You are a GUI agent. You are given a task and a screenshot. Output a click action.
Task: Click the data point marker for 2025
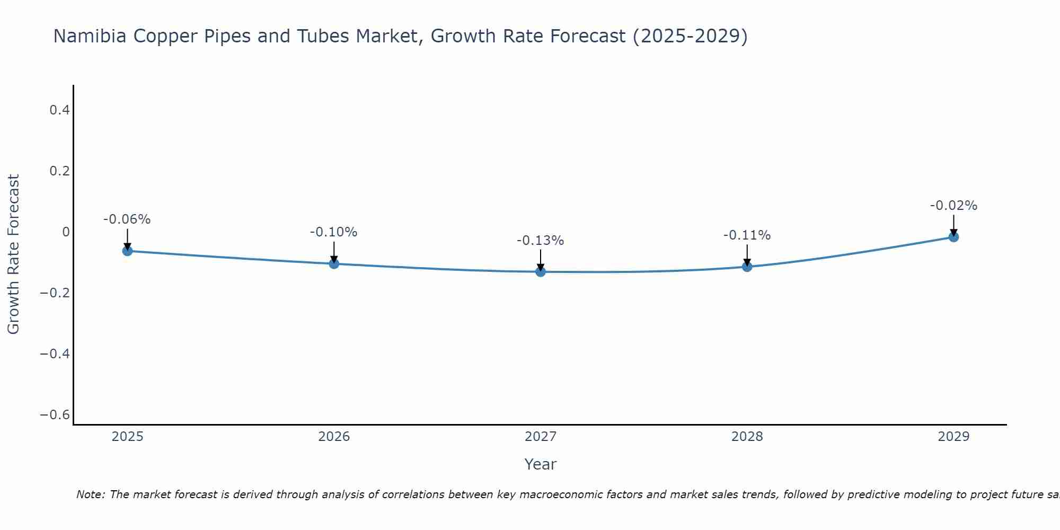tap(127, 251)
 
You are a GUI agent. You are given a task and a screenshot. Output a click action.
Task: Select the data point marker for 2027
tap(541, 272)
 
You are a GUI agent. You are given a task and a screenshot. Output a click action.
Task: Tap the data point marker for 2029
tap(953, 237)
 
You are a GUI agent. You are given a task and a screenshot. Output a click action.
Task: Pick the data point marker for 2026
tap(334, 263)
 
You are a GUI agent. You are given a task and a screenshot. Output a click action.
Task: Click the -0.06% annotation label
tap(127, 219)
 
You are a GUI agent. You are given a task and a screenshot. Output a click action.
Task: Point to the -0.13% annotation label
tap(541, 241)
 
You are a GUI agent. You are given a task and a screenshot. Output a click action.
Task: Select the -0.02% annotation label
tap(953, 206)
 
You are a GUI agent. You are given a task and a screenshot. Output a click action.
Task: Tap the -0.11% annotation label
tap(747, 235)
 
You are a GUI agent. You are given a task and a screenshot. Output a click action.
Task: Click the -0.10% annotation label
tap(334, 232)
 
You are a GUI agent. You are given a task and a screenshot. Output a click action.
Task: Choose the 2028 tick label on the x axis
tap(747, 437)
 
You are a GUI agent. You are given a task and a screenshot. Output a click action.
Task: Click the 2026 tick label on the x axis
tap(334, 437)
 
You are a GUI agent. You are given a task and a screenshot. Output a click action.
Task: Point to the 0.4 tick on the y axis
tap(59, 110)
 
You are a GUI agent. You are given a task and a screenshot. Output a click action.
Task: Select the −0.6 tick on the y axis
tap(55, 414)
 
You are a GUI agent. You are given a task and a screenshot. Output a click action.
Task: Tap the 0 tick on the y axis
tap(66, 232)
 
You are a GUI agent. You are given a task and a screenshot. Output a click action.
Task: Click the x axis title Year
tap(540, 464)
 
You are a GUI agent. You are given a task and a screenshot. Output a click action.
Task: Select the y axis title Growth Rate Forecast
tap(14, 254)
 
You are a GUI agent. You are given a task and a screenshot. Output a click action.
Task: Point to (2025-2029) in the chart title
tap(690, 36)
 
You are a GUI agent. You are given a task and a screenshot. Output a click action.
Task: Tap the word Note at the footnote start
tap(90, 494)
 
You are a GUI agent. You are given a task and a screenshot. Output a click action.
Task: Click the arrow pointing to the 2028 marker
tap(747, 255)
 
